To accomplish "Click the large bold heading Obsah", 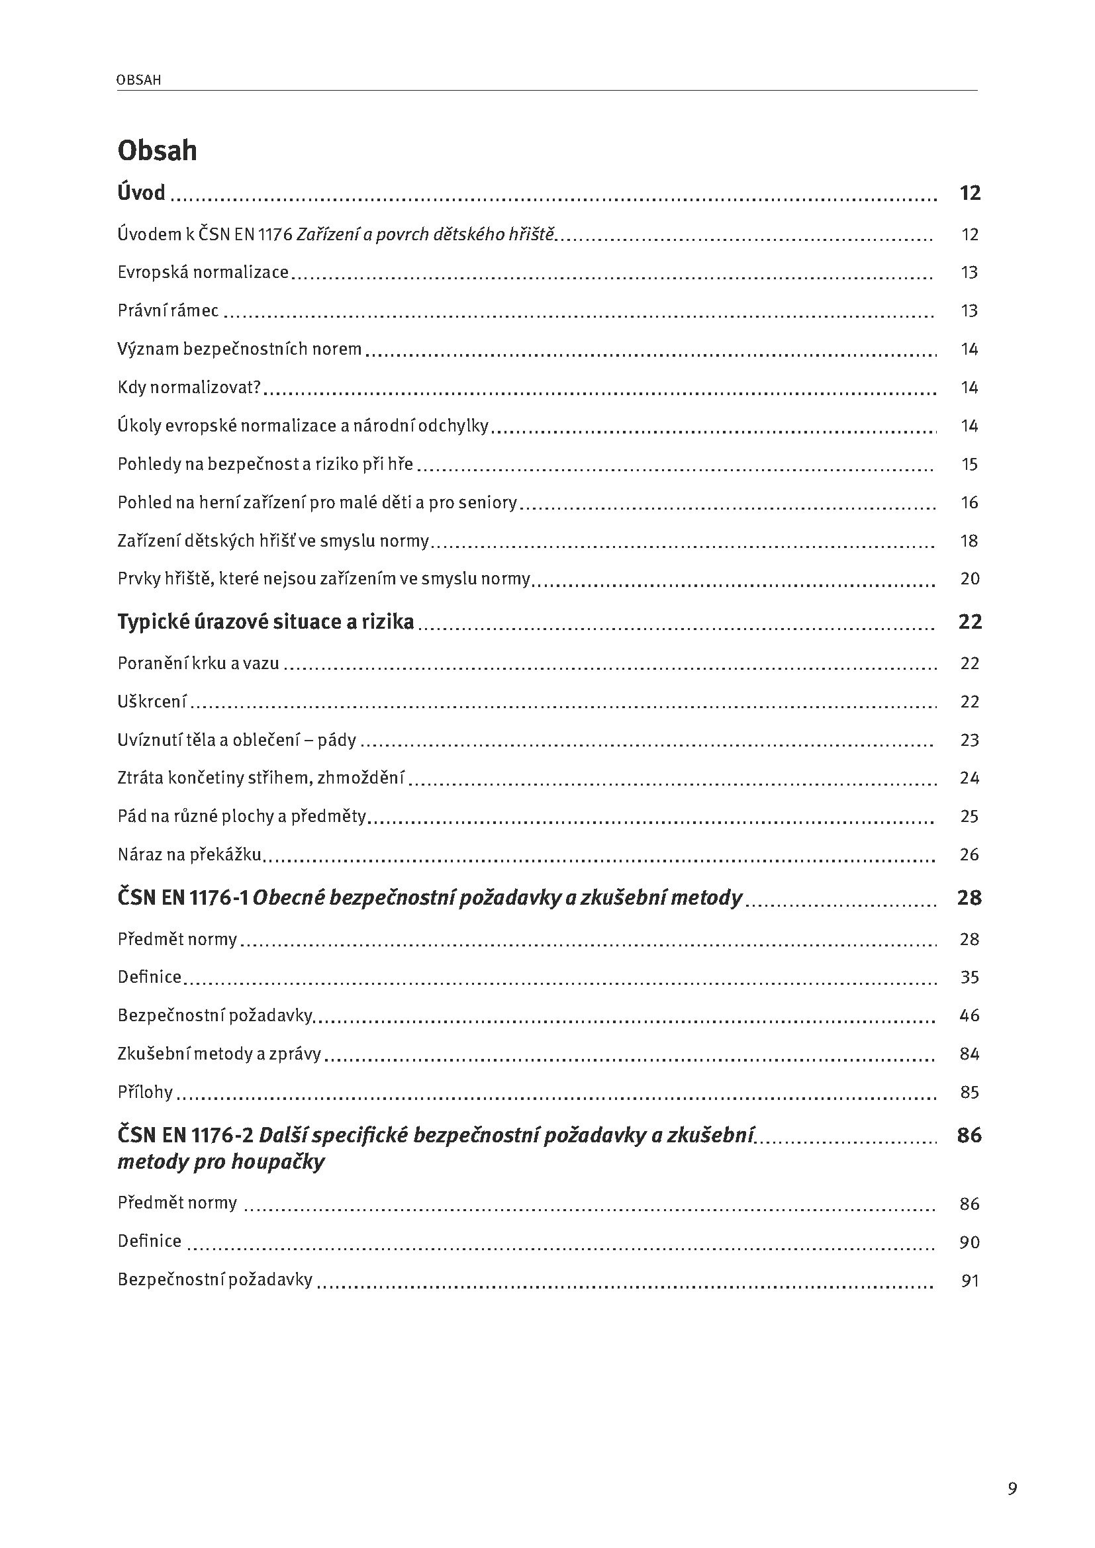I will [157, 150].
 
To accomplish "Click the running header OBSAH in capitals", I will [139, 80].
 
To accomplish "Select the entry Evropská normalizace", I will [203, 273].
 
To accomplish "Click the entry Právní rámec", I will [168, 311].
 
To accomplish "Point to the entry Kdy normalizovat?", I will [189, 388].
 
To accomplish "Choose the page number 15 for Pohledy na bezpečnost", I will [969, 465].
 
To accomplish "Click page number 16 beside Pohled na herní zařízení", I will [969, 503].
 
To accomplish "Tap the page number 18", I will [969, 541].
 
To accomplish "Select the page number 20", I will [970, 579].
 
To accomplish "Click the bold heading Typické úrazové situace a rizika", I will [265, 621].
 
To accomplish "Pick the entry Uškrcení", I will [152, 702].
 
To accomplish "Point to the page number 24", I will [969, 779].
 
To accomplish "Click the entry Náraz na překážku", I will [189, 855].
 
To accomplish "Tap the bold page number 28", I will [969, 898].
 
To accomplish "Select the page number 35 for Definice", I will [969, 978].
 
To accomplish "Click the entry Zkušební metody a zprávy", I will [219, 1054].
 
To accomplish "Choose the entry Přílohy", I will [145, 1093].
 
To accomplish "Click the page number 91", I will [970, 1281].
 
